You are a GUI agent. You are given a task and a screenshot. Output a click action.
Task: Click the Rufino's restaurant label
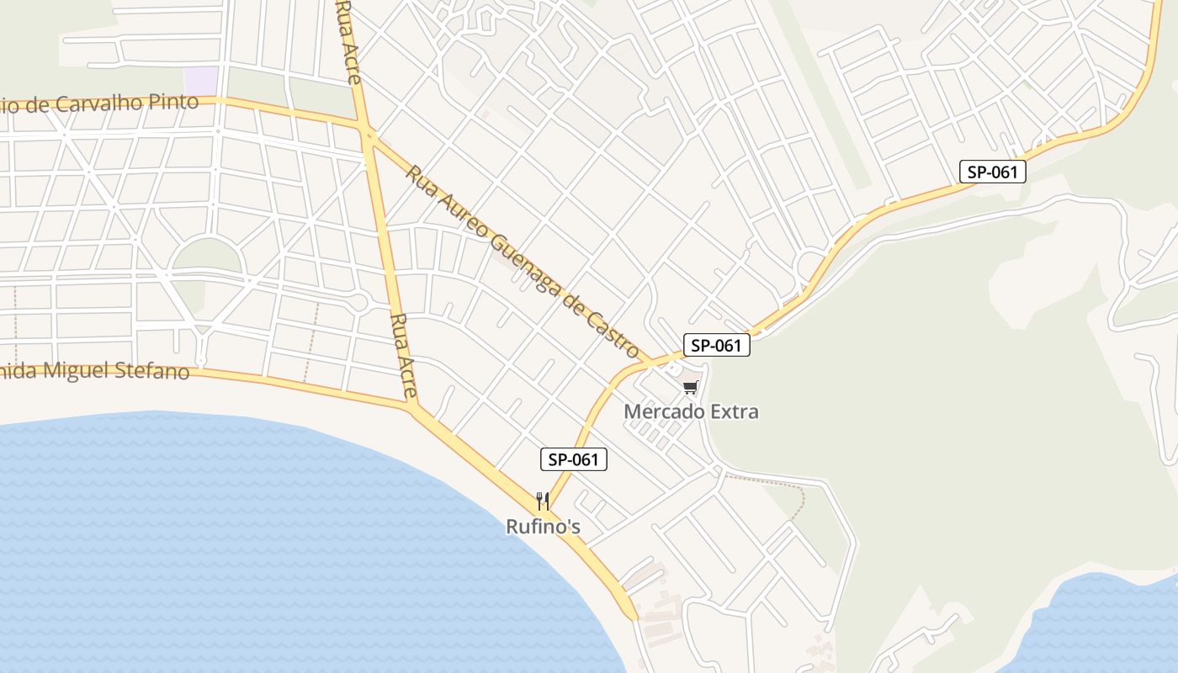tap(543, 527)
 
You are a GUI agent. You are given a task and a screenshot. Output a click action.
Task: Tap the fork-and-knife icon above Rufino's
tap(543, 502)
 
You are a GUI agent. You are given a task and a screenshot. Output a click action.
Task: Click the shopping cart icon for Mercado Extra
tap(691, 388)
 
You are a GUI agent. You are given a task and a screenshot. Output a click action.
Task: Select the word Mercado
tap(658, 412)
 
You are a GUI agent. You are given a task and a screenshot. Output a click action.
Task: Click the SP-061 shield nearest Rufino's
tap(573, 459)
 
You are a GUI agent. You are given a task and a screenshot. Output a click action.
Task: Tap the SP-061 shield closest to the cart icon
tap(716, 345)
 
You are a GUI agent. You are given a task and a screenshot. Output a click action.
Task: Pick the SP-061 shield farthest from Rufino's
tap(993, 172)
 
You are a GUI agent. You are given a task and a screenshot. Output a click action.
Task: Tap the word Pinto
tap(176, 102)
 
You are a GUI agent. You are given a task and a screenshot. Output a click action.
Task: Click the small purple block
tap(201, 81)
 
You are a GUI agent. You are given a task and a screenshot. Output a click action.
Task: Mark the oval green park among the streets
tap(206, 257)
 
